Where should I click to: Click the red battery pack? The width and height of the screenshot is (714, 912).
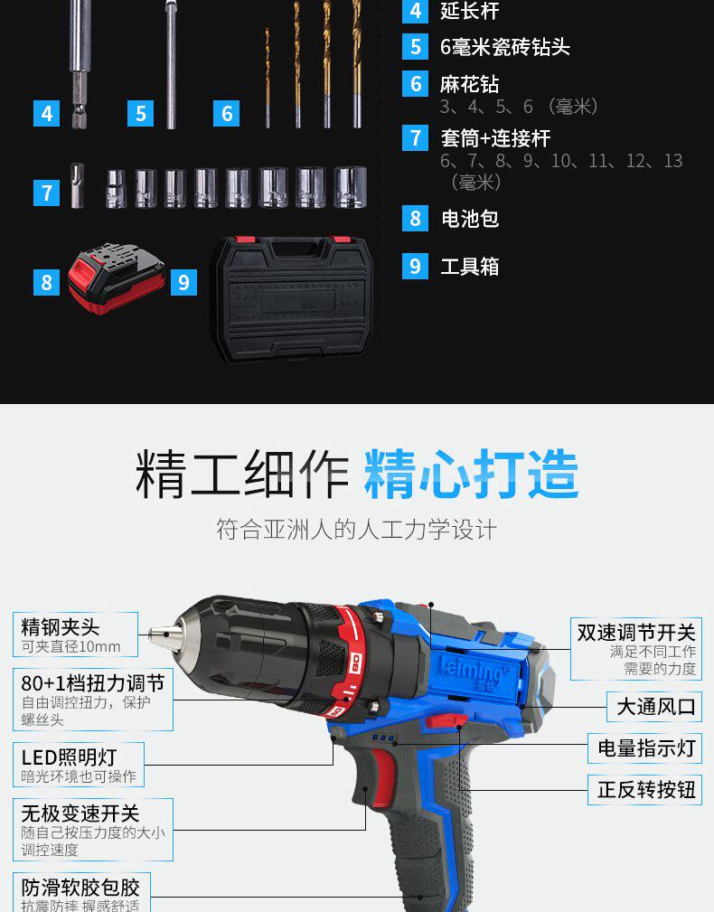click(x=116, y=279)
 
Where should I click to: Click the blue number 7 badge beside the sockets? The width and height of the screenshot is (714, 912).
click(x=47, y=193)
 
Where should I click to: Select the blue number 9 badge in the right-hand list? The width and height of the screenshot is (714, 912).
click(x=415, y=266)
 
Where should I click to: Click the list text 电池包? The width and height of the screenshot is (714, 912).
click(x=469, y=219)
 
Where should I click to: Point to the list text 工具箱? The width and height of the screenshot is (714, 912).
click(x=469, y=267)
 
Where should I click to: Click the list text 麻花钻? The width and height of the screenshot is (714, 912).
click(x=469, y=84)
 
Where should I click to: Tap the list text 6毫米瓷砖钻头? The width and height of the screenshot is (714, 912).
click(x=504, y=47)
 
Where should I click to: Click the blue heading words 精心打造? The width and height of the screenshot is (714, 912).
click(x=471, y=473)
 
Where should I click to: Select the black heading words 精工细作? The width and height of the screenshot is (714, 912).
click(x=241, y=473)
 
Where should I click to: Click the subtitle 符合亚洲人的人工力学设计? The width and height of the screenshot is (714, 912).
click(x=356, y=529)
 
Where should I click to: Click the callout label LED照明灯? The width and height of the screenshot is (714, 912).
click(x=70, y=757)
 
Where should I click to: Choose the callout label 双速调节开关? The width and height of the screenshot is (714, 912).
click(x=636, y=633)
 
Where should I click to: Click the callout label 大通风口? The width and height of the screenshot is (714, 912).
click(x=656, y=706)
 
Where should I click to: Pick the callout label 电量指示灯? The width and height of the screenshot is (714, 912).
click(x=646, y=747)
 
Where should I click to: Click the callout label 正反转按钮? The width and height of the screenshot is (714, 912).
click(x=646, y=789)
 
